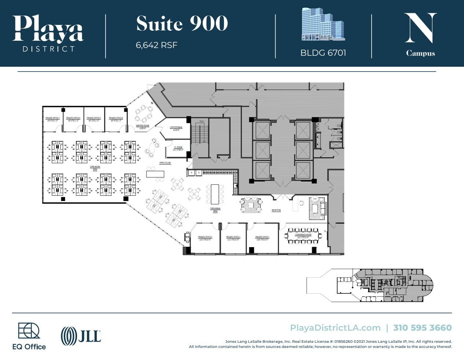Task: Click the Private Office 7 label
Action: tap(52, 119)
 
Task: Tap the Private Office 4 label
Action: tap(116, 119)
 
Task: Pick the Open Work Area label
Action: tap(95, 168)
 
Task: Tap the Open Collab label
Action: tap(165, 163)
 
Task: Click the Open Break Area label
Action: tap(215, 210)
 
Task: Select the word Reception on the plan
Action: tap(276, 210)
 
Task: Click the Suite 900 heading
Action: tap(182, 24)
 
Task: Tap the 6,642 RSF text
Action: tap(156, 45)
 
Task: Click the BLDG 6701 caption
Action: tap(323, 53)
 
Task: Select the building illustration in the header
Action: tap(323, 25)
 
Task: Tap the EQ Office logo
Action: tap(29, 336)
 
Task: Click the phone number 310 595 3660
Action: tap(422, 328)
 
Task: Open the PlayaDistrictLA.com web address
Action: tap(335, 328)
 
